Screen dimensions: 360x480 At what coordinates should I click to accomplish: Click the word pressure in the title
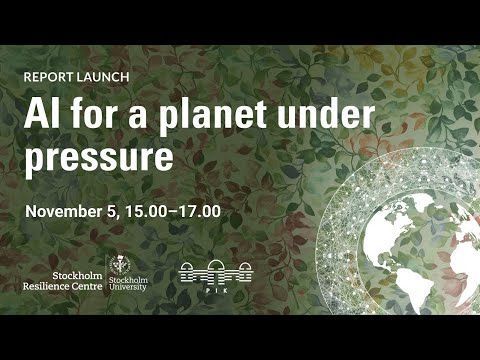99,157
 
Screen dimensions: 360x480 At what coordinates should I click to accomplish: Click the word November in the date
65,213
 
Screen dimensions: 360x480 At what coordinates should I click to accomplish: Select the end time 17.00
198,213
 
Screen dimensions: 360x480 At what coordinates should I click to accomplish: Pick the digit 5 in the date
118,213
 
